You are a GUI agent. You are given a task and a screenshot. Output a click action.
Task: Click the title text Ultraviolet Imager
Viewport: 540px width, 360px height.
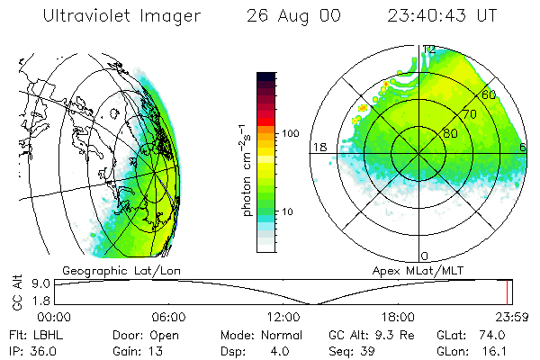coord(122,16)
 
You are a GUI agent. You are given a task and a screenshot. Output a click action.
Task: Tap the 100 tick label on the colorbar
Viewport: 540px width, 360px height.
coord(290,133)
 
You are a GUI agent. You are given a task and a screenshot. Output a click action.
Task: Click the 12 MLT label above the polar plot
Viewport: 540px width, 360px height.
coord(430,50)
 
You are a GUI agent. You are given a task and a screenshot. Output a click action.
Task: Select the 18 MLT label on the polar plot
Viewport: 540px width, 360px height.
coord(318,147)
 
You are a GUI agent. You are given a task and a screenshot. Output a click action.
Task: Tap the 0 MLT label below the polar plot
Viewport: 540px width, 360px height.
coord(425,256)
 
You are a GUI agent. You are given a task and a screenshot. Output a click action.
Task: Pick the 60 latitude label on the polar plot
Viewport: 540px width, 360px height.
coord(490,94)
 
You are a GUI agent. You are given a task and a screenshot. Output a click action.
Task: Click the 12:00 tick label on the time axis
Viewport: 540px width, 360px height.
coord(283,317)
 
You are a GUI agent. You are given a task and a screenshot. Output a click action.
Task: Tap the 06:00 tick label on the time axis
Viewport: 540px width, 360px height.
coord(168,317)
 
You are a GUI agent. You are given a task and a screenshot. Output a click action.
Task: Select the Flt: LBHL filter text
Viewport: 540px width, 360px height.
coord(30,335)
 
